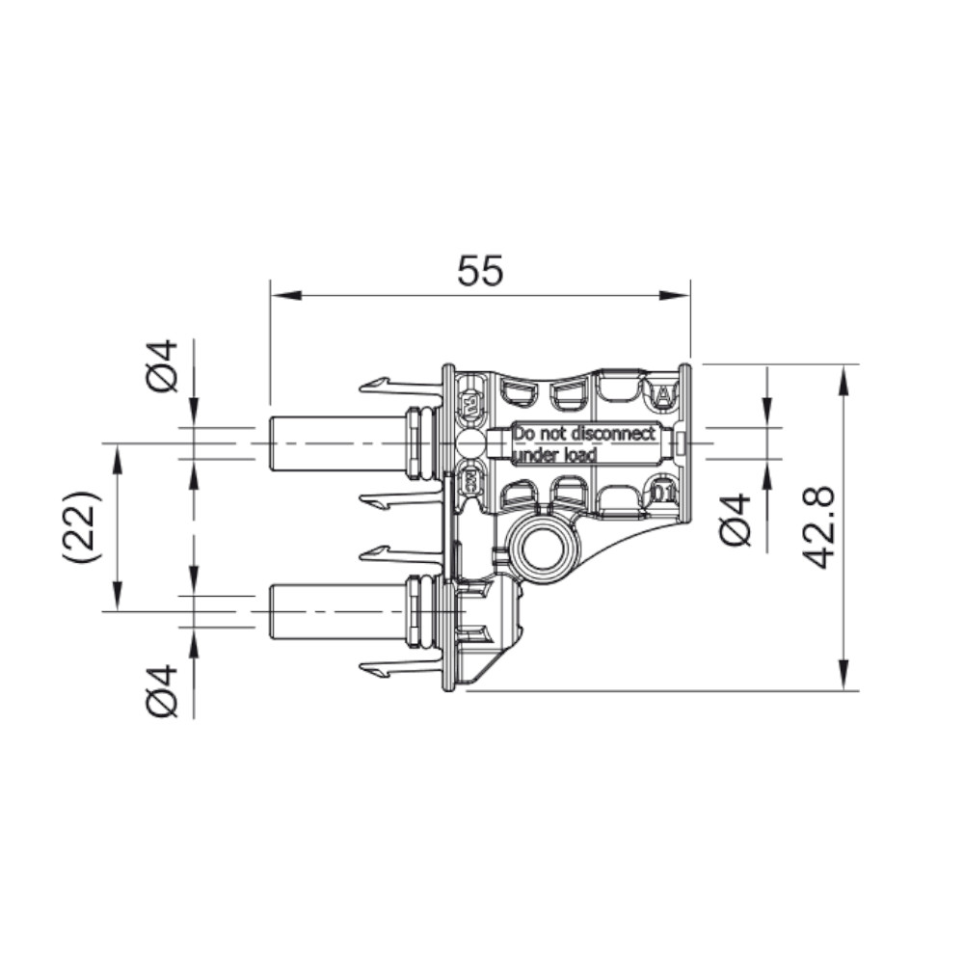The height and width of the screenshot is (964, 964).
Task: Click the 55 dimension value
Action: tap(480, 272)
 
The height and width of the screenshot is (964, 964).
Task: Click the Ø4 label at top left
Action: tap(165, 366)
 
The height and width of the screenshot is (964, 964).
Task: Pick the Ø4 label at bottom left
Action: tap(165, 690)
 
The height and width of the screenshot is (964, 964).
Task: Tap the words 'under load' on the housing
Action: tap(554, 454)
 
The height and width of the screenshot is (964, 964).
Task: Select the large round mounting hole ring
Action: tap(546, 549)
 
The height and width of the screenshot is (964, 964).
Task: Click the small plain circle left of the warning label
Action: tap(469, 444)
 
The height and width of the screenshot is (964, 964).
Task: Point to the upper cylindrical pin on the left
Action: tap(333, 443)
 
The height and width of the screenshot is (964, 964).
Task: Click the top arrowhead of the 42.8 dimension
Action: tap(844, 375)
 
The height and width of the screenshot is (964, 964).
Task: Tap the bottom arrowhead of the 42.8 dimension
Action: tap(844, 679)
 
